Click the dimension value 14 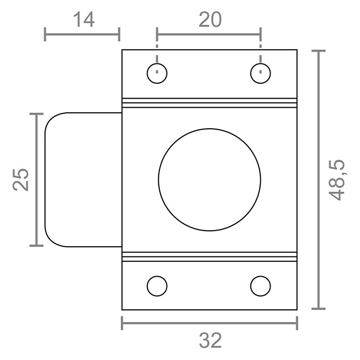84,20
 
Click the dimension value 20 210,20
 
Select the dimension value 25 21,179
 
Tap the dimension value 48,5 337,180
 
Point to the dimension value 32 211,340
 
